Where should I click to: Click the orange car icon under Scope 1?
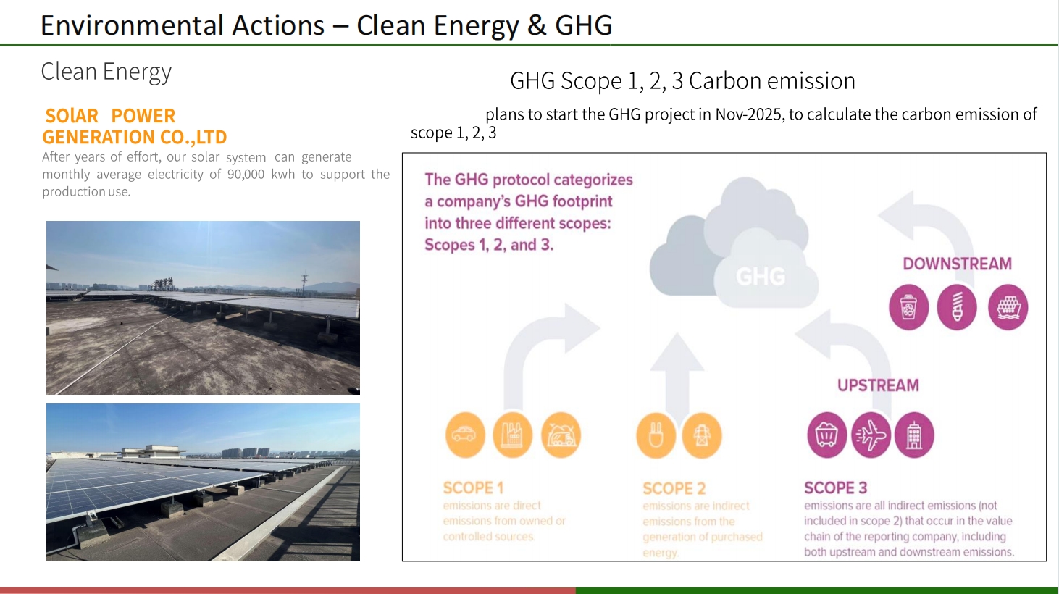pos(464,435)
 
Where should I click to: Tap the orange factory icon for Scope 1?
pos(512,435)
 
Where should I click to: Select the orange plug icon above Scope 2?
pos(656,435)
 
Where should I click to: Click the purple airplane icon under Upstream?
pos(870,435)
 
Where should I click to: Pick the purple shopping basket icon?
pos(826,435)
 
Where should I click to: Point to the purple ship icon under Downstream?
pos(1008,307)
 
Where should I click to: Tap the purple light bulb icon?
pos(957,307)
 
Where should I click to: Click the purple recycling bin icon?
pos(908,307)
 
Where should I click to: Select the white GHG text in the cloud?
pos(761,276)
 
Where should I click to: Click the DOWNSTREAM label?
pos(957,264)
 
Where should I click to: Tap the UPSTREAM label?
pos(878,385)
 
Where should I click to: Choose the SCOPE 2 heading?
pos(674,488)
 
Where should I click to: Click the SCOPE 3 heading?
pos(835,488)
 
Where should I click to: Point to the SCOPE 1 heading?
pos(473,488)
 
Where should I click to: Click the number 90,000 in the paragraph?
pos(246,175)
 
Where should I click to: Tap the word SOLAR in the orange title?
pos(72,116)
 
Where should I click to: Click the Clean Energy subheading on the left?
pos(106,72)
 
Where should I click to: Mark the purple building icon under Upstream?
pos(914,435)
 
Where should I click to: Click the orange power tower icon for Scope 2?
pos(702,435)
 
